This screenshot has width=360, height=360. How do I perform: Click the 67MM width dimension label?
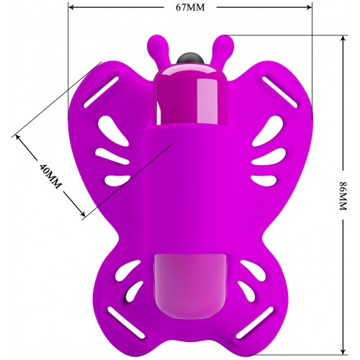(190, 7)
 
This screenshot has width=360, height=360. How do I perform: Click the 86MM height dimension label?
(343, 196)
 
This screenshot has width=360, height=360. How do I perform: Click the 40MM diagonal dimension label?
(50, 176)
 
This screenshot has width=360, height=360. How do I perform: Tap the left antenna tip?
(155, 43)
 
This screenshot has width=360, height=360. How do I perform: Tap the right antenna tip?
(225, 43)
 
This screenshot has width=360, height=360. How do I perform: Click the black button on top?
(190, 58)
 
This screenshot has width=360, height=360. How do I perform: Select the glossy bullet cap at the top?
(190, 95)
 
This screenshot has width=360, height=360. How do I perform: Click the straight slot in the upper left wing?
(102, 92)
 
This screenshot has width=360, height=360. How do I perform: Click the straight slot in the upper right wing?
(279, 92)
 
